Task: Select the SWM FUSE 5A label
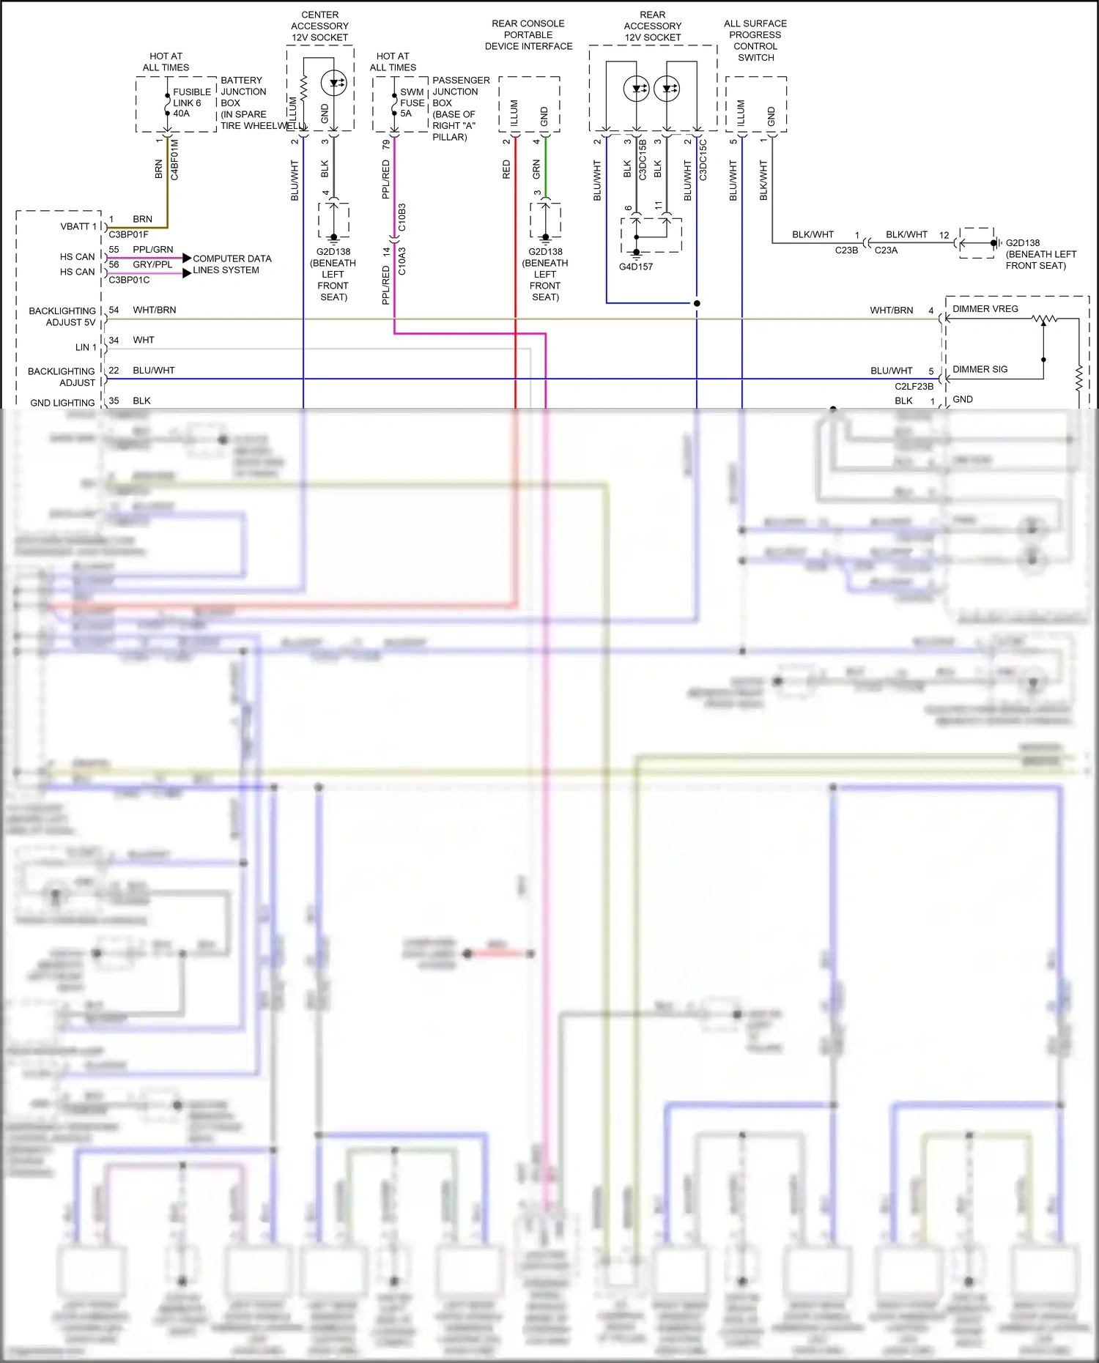click(412, 103)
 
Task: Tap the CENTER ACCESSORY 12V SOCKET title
click(320, 26)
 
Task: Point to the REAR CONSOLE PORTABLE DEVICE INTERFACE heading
click(528, 34)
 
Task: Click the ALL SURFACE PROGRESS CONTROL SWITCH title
click(755, 40)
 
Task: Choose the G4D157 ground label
click(635, 267)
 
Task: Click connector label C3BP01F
click(129, 234)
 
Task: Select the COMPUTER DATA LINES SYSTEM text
click(232, 264)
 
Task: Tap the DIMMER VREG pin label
click(985, 309)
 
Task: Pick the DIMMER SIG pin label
click(980, 369)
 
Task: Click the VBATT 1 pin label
click(78, 226)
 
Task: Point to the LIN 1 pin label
click(86, 347)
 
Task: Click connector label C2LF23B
click(914, 386)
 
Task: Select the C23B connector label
click(846, 250)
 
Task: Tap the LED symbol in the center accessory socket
click(334, 83)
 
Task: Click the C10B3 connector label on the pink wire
click(402, 218)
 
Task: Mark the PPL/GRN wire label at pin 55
click(153, 249)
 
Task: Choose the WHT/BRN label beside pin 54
click(155, 310)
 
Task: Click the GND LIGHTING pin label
click(62, 403)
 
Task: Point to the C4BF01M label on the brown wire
click(175, 160)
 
